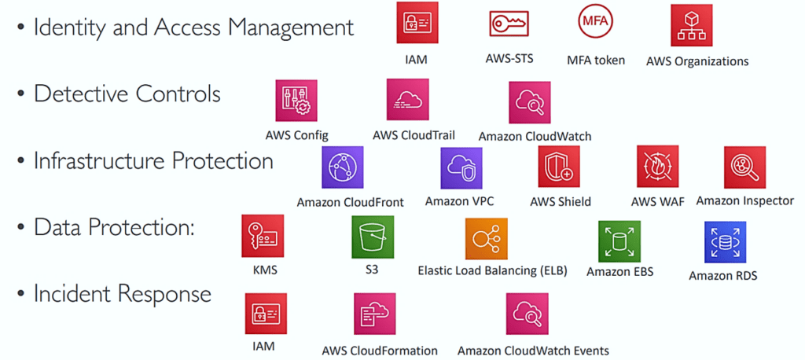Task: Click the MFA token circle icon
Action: [x=594, y=24]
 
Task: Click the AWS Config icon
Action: [x=296, y=99]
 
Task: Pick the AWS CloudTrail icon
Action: [x=406, y=99]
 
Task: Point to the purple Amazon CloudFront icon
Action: [x=342, y=167]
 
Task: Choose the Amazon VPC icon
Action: [x=461, y=167]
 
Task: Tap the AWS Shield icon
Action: [x=559, y=167]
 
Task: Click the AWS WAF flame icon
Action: [x=657, y=167]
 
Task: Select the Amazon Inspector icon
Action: [x=744, y=167]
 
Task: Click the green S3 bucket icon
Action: [x=372, y=237]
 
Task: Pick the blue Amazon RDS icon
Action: [x=725, y=241]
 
